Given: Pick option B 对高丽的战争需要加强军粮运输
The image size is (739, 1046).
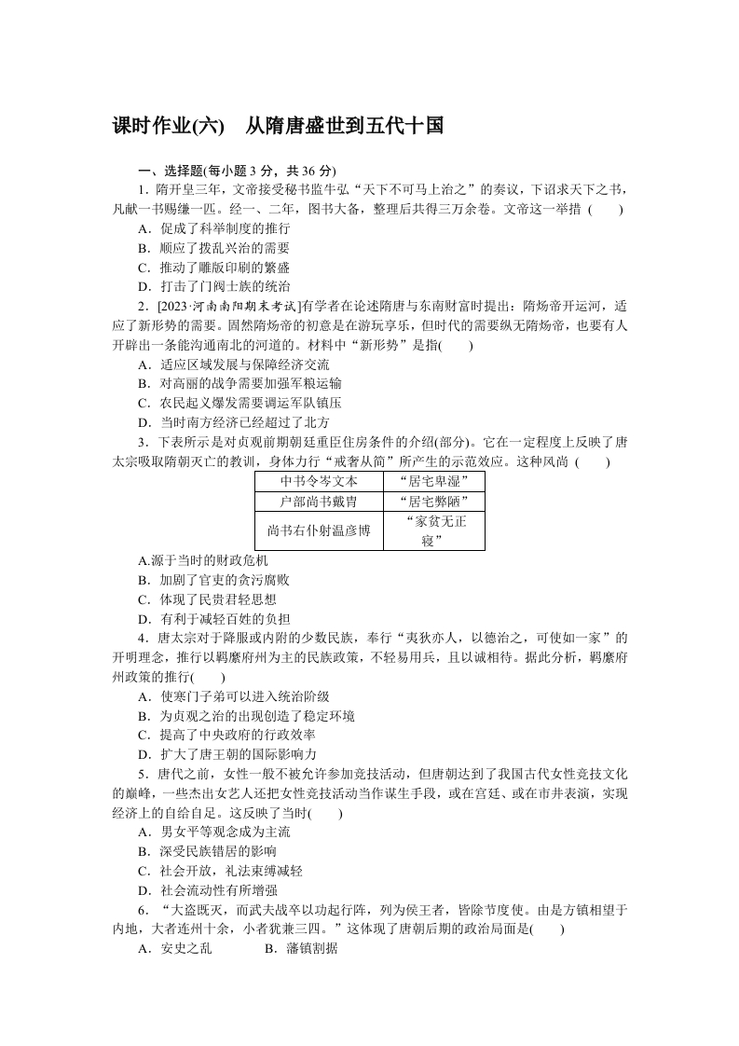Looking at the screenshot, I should (239, 384).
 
